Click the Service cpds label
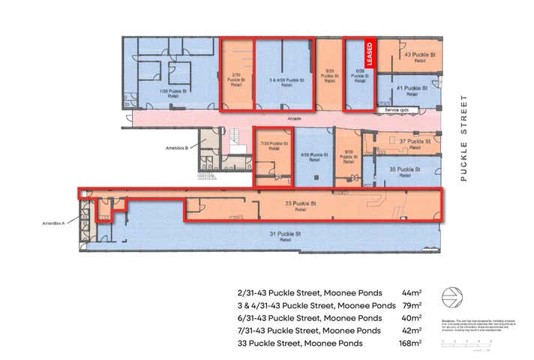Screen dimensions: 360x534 396,110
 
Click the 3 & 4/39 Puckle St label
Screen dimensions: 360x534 285,80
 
